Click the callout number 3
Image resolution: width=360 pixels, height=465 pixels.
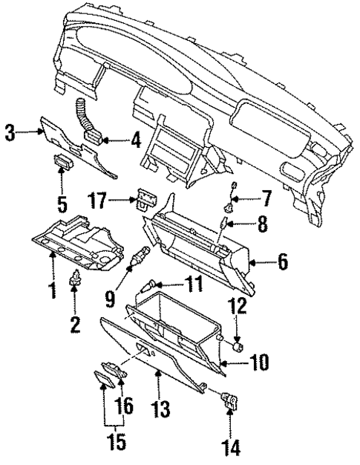click(10, 134)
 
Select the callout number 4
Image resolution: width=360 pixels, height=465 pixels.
click(136, 139)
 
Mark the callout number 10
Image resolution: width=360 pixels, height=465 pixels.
click(258, 363)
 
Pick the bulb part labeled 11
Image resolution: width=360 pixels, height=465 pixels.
click(154, 282)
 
